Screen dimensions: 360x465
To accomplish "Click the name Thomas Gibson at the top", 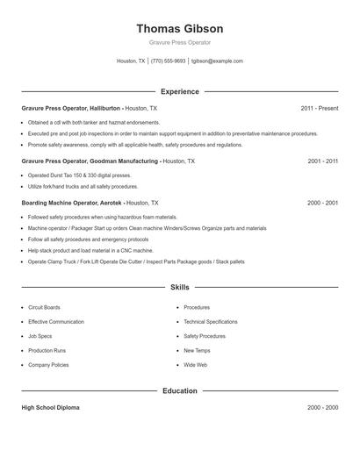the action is coord(180,28).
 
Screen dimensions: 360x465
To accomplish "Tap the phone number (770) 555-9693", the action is coord(168,61).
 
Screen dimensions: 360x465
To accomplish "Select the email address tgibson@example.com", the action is coord(217,61).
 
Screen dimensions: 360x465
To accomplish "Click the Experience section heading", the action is coord(180,91).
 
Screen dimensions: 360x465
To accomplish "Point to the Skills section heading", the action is coord(180,287).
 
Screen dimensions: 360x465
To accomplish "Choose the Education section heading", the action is coord(180,390).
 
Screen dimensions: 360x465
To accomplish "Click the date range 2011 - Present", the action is coord(319,108).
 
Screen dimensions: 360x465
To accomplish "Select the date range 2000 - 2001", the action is coord(322,203).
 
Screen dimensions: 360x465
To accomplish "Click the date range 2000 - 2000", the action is coord(322,408).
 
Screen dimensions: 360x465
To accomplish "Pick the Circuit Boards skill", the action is coord(44,308).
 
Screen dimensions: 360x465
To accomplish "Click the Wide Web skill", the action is coord(195,364).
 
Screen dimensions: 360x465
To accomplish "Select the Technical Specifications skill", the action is coord(211,322).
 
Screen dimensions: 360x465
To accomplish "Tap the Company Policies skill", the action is coord(48,364).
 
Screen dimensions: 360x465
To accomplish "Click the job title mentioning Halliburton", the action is coord(90,108).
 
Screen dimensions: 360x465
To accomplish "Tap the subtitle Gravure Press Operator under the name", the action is coord(180,42).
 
